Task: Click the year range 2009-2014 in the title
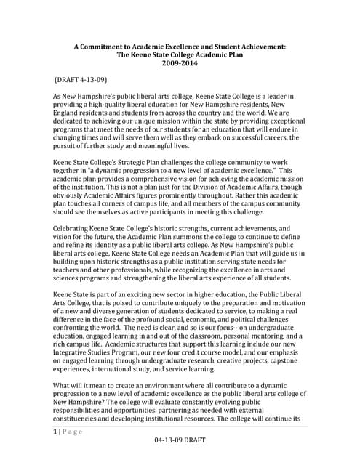click(x=180, y=62)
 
